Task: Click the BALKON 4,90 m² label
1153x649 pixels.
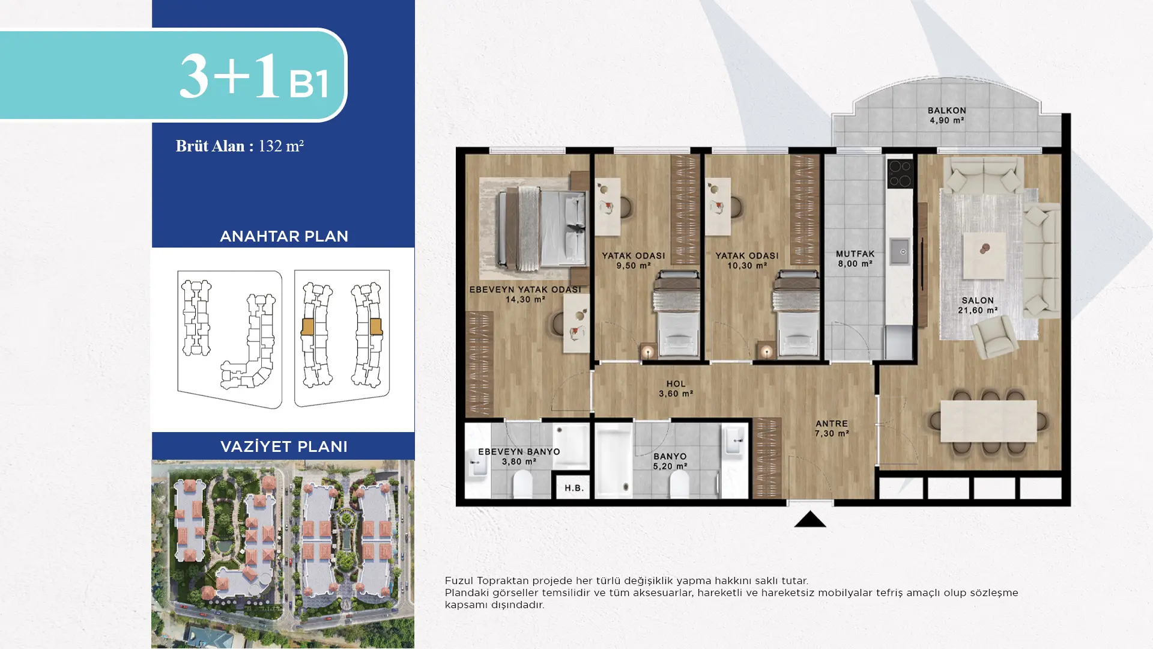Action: point(946,115)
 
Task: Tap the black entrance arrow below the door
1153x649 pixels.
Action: point(810,520)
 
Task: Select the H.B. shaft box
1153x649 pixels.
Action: point(573,488)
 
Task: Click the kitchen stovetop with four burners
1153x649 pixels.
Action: point(900,173)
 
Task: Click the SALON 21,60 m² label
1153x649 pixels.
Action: point(977,305)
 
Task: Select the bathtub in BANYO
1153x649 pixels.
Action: point(613,460)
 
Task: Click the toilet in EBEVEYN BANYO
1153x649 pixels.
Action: point(522,483)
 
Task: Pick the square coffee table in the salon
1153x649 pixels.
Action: point(984,255)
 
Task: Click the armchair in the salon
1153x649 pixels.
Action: point(995,337)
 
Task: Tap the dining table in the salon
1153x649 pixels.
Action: point(988,421)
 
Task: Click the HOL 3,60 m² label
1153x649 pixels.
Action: point(676,389)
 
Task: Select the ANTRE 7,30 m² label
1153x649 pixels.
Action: point(831,428)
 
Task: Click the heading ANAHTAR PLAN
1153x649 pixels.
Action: point(283,236)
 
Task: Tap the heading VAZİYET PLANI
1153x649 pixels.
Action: point(283,446)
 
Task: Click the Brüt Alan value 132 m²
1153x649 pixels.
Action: point(280,146)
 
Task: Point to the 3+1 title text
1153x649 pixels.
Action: point(230,76)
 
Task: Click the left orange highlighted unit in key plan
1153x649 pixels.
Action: point(307,326)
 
